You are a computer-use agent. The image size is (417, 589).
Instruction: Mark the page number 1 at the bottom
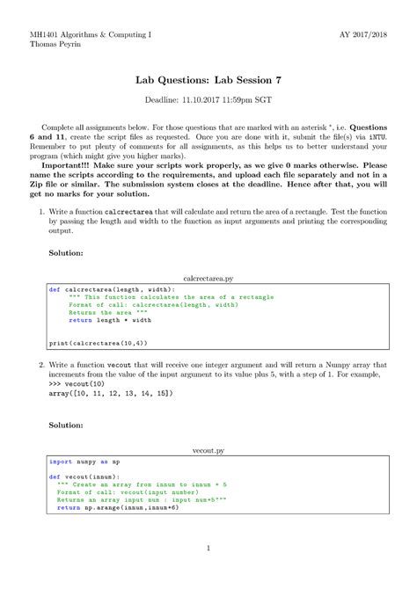208,548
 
